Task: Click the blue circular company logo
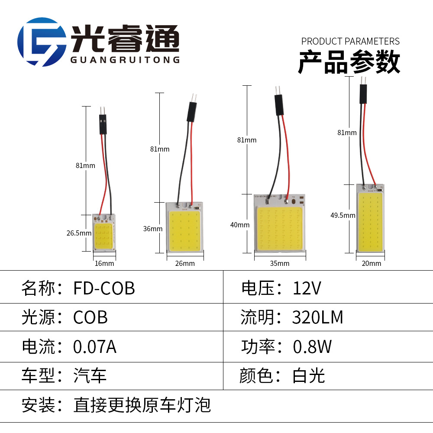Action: click(x=42, y=42)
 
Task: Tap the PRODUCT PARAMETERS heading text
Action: click(x=350, y=42)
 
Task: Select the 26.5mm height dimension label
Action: click(x=79, y=233)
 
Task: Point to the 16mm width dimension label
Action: click(x=104, y=263)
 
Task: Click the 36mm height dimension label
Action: click(x=152, y=229)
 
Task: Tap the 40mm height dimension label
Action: click(x=240, y=225)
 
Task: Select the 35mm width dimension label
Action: click(x=279, y=263)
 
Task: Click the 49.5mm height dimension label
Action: click(x=343, y=215)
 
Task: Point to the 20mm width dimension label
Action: click(x=371, y=263)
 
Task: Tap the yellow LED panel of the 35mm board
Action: click(x=279, y=229)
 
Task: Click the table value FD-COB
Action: click(x=104, y=288)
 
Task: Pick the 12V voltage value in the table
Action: click(x=307, y=288)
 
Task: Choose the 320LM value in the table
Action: click(x=317, y=317)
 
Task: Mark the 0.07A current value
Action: click(x=95, y=347)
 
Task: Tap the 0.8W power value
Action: click(x=312, y=347)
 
